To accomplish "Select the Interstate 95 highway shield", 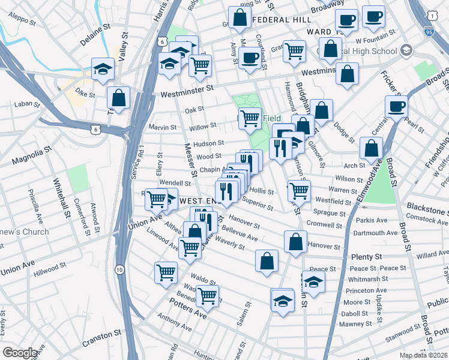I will coord(429,29).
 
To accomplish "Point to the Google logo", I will coord(20,353).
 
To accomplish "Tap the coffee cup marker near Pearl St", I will coord(396,107).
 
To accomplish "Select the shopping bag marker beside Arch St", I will coord(372,148).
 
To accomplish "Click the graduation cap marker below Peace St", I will coord(313,281).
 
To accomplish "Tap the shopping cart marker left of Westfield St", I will coord(299,191).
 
